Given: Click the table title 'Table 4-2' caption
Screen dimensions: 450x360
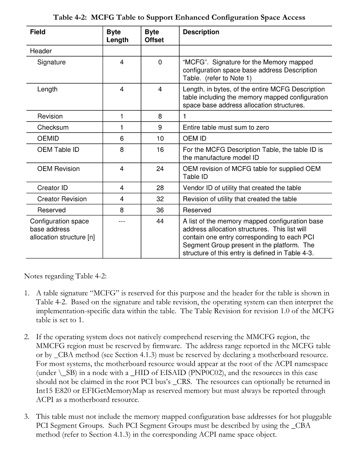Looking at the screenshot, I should pyautogui.click(x=179, y=18).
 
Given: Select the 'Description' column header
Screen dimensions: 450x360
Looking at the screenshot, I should pyautogui.click(x=201, y=32).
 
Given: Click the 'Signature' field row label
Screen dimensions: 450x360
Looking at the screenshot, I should pyautogui.click(x=51, y=62).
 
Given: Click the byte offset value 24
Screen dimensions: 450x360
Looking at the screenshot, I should pyautogui.click(x=160, y=169).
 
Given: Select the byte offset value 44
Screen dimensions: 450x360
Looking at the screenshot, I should pyautogui.click(x=160, y=221).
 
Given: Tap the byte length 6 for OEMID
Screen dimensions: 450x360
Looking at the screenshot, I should pyautogui.click(x=122, y=138).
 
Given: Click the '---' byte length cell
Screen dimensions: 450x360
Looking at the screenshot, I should pyautogui.click(x=122, y=221).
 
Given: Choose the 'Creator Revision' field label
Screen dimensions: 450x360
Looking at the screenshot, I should pyautogui.click(x=62, y=199).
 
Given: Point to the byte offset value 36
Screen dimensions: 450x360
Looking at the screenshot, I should pyautogui.click(x=160, y=210).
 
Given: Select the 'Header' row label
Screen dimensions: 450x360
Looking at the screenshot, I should pyautogui.click(x=41, y=51).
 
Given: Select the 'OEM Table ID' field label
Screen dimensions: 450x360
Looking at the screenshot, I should pyautogui.click(x=58, y=150).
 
